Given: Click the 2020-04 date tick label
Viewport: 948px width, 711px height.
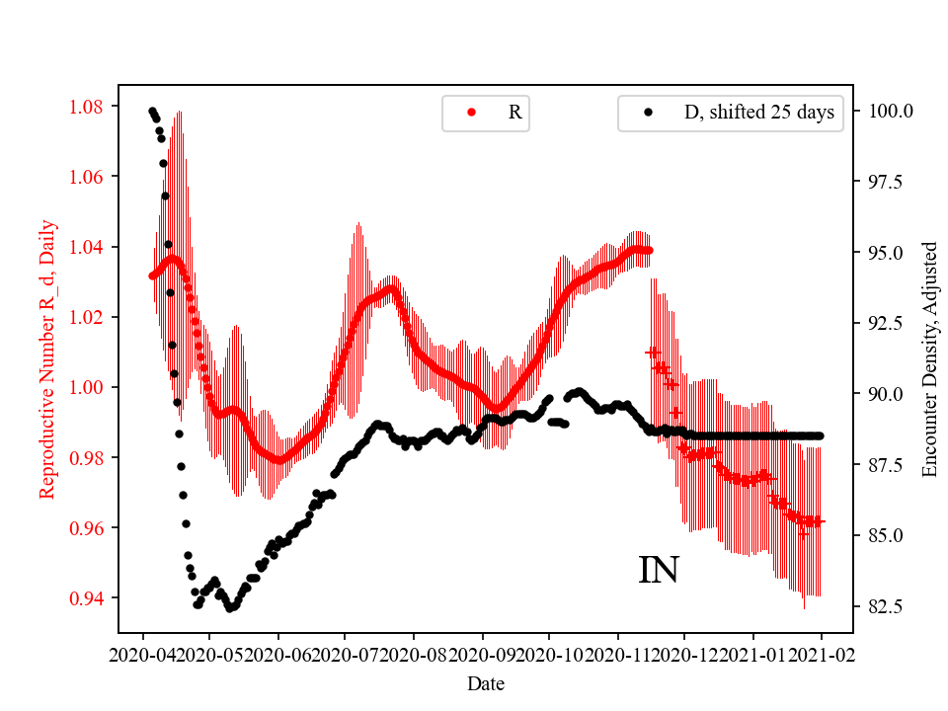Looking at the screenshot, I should point(143,655).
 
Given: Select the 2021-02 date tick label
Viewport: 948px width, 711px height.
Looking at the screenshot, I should point(821,655).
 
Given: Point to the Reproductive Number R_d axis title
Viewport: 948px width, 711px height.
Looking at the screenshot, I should point(47,359).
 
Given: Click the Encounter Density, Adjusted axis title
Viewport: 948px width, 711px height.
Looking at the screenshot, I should point(928,359).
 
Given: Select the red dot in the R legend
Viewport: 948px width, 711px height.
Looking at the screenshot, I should point(471,113).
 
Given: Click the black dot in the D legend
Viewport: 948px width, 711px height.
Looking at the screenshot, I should point(648,113).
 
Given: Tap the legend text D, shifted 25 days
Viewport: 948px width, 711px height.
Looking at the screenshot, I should point(758,113).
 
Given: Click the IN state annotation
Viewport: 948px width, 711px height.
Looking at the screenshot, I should point(659,570).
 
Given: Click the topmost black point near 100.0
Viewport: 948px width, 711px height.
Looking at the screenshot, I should point(152,111).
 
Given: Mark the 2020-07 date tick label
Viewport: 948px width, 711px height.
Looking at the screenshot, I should point(347,655).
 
